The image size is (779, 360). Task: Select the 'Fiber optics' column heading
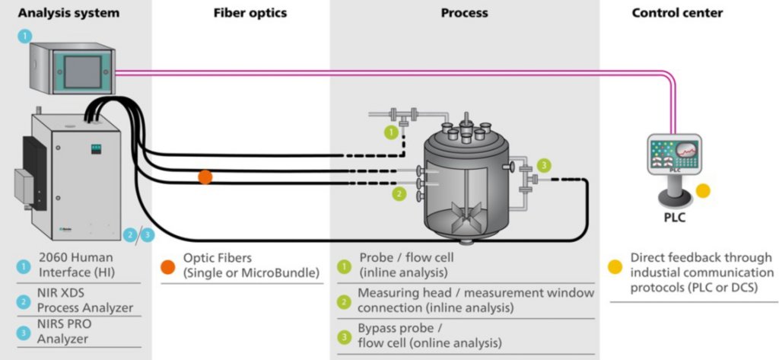(x=240, y=13)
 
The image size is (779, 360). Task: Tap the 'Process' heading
(x=464, y=13)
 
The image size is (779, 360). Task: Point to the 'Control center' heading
(x=677, y=13)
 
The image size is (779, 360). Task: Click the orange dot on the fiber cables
(x=205, y=177)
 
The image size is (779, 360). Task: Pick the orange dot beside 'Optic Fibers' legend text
(x=167, y=266)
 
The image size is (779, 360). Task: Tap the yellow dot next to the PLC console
(x=703, y=191)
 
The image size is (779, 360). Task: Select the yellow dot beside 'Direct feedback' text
(x=614, y=266)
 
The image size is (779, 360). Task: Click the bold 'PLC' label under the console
(x=674, y=218)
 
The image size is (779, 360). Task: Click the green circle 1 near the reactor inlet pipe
(x=390, y=132)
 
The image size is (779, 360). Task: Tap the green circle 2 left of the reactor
(x=399, y=194)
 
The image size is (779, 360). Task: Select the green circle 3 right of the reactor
(x=543, y=164)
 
